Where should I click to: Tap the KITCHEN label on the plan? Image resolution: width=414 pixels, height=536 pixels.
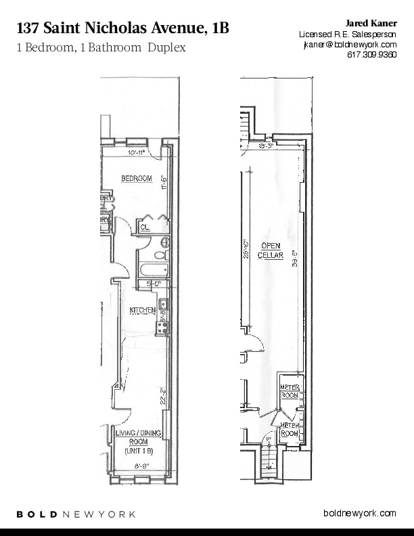point(143,311)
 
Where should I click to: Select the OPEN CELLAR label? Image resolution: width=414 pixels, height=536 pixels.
point(271,250)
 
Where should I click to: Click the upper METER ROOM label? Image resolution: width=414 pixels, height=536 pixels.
point(290,390)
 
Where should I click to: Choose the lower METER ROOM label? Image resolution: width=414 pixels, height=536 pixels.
point(290,428)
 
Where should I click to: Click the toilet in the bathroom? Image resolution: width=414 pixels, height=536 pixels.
point(160,255)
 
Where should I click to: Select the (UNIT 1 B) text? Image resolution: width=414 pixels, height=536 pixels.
point(138,451)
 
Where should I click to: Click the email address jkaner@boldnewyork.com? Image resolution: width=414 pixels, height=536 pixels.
point(348,44)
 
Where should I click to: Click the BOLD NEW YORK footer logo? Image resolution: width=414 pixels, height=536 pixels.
point(76,514)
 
